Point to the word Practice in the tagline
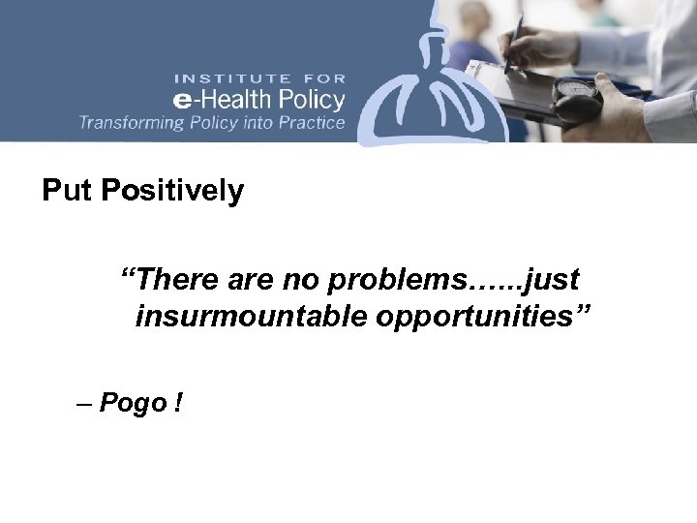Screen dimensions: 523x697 click(309, 123)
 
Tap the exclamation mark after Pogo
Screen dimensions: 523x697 click(179, 403)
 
